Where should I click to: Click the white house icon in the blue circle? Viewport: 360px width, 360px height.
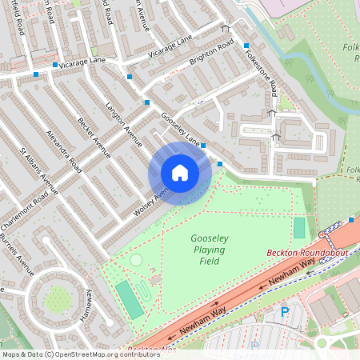(180, 173)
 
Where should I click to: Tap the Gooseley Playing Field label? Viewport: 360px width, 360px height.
(210, 250)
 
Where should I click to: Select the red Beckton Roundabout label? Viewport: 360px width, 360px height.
(307, 253)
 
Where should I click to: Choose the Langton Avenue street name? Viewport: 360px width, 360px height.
(123, 126)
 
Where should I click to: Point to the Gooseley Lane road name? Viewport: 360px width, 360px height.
(181, 129)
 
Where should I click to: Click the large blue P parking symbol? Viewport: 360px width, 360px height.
(284, 313)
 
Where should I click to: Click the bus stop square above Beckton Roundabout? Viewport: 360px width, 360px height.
(351, 220)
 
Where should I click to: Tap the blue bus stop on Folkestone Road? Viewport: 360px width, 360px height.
(246, 46)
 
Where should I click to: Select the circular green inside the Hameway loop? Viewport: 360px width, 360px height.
(58, 300)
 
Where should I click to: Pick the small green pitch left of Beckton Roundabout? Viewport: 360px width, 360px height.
(299, 228)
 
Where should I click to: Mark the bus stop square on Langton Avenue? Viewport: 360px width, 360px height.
(147, 102)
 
